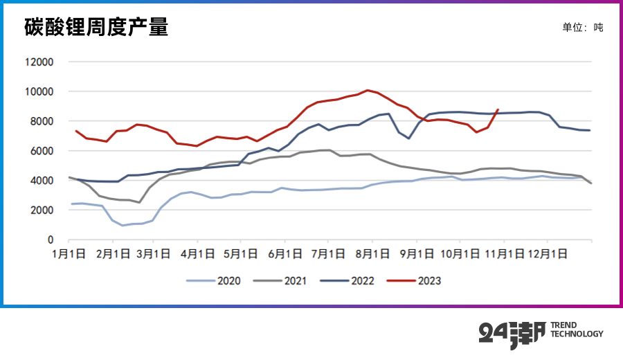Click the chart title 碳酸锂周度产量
pyautogui.click(x=96, y=28)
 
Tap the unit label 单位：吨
pyautogui.click(x=582, y=28)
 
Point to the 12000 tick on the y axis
pyautogui.click(x=39, y=62)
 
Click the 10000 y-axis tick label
pyautogui.click(x=39, y=91)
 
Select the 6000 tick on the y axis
pyautogui.click(x=42, y=151)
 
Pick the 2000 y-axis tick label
pyautogui.click(x=42, y=210)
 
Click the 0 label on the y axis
pyautogui.click(x=51, y=240)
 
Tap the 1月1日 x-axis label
pyautogui.click(x=69, y=254)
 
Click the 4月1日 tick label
pyautogui.click(x=198, y=254)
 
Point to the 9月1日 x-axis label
pyautogui.click(x=417, y=254)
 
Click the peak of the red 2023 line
pyautogui.click(x=368, y=90)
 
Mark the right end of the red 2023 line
pyautogui.click(x=498, y=109)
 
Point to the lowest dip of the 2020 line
pyautogui.click(x=123, y=226)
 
